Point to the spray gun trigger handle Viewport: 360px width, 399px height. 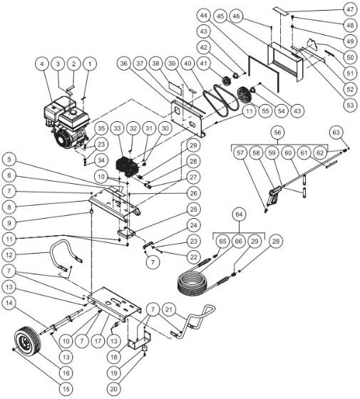pyautogui.click(x=273, y=195)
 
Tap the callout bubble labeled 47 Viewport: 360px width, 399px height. pyautogui.click(x=349, y=9)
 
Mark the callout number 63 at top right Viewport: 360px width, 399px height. pyautogui.click(x=336, y=133)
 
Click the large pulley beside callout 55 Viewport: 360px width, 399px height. pyautogui.click(x=247, y=94)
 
